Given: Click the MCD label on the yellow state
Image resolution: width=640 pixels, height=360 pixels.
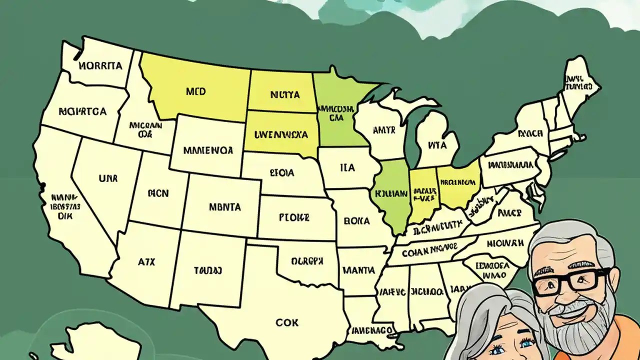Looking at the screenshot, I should click(195, 92).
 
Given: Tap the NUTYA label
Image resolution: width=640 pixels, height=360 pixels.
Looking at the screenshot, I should click(284, 94).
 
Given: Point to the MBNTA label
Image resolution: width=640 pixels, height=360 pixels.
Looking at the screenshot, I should click(224, 206).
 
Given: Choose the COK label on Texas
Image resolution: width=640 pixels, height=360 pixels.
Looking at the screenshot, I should click(287, 322).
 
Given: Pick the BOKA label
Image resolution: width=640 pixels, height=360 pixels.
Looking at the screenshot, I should click(356, 220).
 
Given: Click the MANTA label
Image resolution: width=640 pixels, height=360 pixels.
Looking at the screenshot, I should click(358, 270).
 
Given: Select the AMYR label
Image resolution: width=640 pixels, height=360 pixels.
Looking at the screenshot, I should click(384, 130).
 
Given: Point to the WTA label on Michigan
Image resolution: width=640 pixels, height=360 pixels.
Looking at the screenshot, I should click(436, 145).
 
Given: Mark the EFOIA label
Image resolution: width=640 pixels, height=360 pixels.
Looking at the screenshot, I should click(282, 173).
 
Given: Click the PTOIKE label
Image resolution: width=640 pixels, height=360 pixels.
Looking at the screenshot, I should click(293, 218).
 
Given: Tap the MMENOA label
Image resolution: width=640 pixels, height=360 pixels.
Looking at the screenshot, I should click(208, 149).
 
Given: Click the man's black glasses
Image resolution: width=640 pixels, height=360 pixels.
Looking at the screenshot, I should click(570, 281).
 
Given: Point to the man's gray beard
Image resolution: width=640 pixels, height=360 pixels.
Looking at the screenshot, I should click(585, 320).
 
